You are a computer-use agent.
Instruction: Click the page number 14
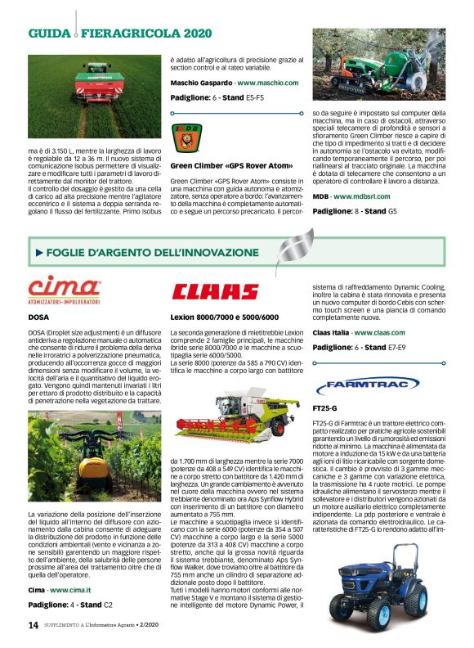pyautogui.click(x=33, y=624)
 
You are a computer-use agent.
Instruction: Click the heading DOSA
pyautogui.click(x=38, y=315)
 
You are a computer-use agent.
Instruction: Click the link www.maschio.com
pyautogui.click(x=268, y=83)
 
